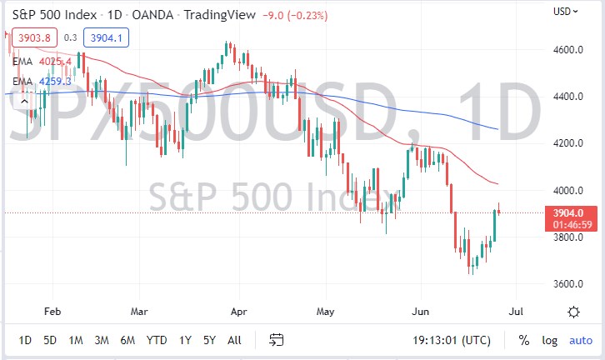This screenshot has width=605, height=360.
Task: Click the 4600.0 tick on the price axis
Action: point(567,50)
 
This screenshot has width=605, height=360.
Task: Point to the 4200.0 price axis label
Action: point(567,143)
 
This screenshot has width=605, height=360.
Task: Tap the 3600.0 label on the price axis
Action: point(567,284)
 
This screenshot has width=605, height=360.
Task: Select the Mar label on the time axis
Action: point(140,312)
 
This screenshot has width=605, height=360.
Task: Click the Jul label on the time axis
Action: point(515,312)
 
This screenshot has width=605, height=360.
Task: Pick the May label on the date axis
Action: point(325,312)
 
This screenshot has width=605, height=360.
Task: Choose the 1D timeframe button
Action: point(25,340)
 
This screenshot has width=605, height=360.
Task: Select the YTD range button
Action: point(155,340)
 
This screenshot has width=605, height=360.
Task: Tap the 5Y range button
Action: point(208,340)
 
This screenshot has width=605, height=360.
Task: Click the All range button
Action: point(235,340)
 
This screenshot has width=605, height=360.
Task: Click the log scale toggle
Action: point(550,340)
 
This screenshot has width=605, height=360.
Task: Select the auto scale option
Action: point(580,340)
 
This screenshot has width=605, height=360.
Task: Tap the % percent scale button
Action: point(524,340)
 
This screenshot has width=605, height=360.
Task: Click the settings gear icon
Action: point(573,312)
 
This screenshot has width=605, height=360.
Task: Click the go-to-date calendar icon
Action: point(277,340)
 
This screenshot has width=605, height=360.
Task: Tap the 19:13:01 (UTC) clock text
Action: point(452,340)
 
